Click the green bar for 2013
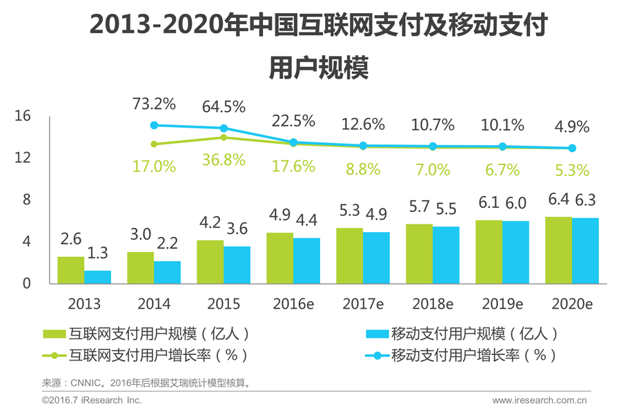[x=70, y=270]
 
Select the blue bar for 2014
[x=167, y=272]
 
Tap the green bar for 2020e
[x=558, y=250]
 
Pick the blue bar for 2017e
[x=376, y=258]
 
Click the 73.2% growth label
[x=154, y=105]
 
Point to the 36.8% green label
[x=224, y=160]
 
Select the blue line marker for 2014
[x=155, y=126]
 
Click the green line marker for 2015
[x=224, y=137]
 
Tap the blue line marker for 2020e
[x=572, y=148]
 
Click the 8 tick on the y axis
[x=26, y=200]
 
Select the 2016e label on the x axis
[x=293, y=305]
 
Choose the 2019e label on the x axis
[x=502, y=305]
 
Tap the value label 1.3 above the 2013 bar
[x=98, y=254]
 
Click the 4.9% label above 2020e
[x=572, y=127]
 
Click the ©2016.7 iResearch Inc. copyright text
[x=92, y=400]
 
